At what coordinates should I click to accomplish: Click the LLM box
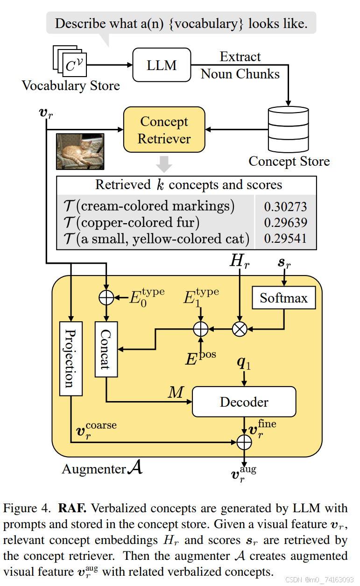[162, 65]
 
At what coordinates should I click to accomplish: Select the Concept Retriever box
[164, 130]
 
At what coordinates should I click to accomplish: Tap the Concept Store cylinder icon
[288, 127]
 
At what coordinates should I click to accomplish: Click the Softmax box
[283, 298]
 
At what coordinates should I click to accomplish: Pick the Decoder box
[244, 402]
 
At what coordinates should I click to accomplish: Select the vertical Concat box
[106, 349]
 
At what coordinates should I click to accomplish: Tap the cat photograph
[80, 151]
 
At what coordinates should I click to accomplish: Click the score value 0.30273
[285, 207]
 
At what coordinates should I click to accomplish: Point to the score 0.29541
[285, 239]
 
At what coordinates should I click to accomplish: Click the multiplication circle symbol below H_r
[240, 329]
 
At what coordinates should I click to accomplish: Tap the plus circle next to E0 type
[106, 297]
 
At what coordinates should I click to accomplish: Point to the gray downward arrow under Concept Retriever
[164, 164]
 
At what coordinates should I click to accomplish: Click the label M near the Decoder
[176, 393]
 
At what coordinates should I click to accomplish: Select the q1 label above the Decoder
[244, 364]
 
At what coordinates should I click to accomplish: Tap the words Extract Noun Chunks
[240, 65]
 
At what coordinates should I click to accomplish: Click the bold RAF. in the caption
[72, 507]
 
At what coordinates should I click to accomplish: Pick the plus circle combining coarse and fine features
[244, 441]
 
